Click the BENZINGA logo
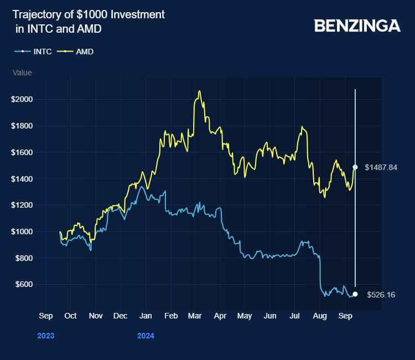[357, 25]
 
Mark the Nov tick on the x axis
[95, 316]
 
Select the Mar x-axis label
[194, 316]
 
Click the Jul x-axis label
[295, 316]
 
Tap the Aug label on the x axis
[320, 316]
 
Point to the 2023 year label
[46, 336]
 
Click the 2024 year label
[146, 336]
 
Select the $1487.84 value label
[382, 167]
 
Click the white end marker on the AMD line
[355, 167]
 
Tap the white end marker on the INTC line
[355, 294]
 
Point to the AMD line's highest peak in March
[199, 91]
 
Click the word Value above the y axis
[22, 73]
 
